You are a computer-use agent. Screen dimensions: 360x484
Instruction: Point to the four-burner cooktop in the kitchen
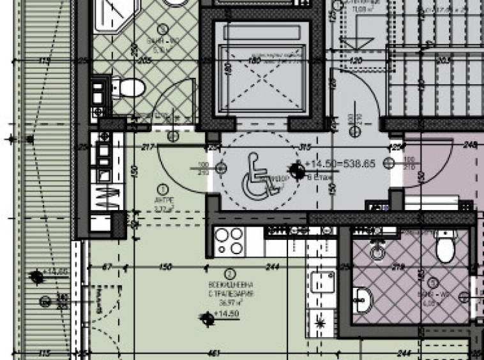tap(229, 241)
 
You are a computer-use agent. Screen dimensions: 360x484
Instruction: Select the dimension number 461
tap(214, 352)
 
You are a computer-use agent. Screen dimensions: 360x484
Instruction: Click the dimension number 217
tap(149, 147)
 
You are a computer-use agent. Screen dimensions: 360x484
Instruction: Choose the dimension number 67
tap(107, 267)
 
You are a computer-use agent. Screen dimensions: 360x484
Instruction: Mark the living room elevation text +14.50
tap(226, 314)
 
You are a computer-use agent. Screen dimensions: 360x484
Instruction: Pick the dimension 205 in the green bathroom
tap(143, 61)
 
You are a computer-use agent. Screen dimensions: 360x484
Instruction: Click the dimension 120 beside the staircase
tap(355, 61)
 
